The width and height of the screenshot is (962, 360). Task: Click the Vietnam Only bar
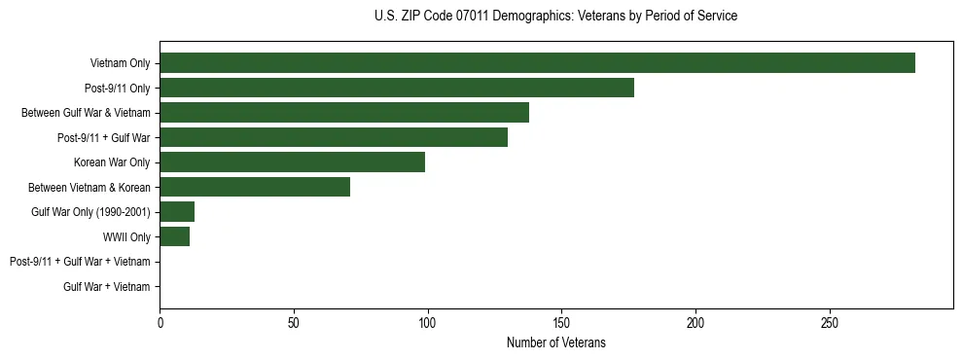coord(537,63)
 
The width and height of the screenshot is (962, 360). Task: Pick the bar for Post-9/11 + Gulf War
coord(334,137)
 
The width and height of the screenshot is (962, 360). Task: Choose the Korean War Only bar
coord(292,162)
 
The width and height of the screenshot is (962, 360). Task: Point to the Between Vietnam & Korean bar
coord(255,187)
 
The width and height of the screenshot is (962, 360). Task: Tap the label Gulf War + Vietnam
coord(107,286)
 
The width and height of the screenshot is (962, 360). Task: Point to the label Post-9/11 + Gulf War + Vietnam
coord(80,262)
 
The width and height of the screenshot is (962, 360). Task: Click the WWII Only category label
coord(126,236)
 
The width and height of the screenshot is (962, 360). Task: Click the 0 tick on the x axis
coord(160,322)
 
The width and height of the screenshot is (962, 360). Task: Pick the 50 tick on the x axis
coord(294,322)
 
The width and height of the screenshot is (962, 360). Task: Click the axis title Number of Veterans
coord(555,342)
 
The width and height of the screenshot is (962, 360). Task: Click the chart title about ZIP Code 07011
coord(555,17)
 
